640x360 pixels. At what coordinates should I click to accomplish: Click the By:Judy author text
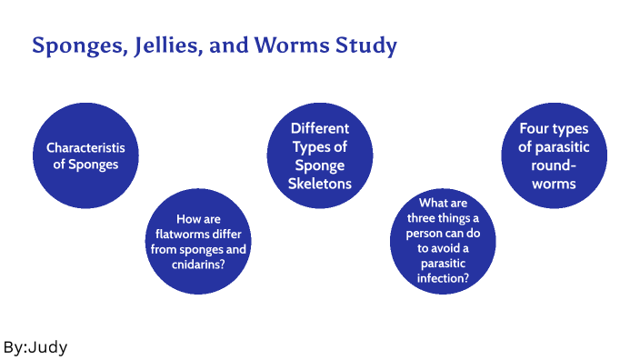[35, 346]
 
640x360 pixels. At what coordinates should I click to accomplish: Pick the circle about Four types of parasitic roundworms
[554, 156]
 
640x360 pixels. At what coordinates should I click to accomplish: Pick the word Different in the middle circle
[320, 129]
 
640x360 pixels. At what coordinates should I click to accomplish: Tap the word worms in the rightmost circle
[554, 184]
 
